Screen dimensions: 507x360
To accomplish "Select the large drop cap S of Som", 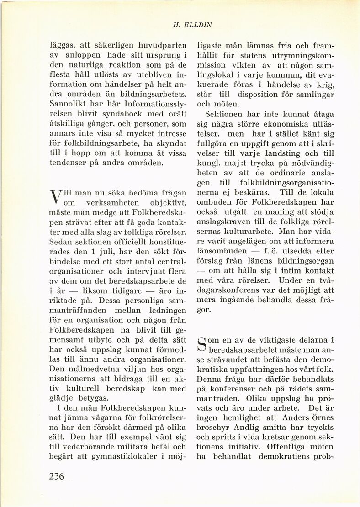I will coord(202,345).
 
